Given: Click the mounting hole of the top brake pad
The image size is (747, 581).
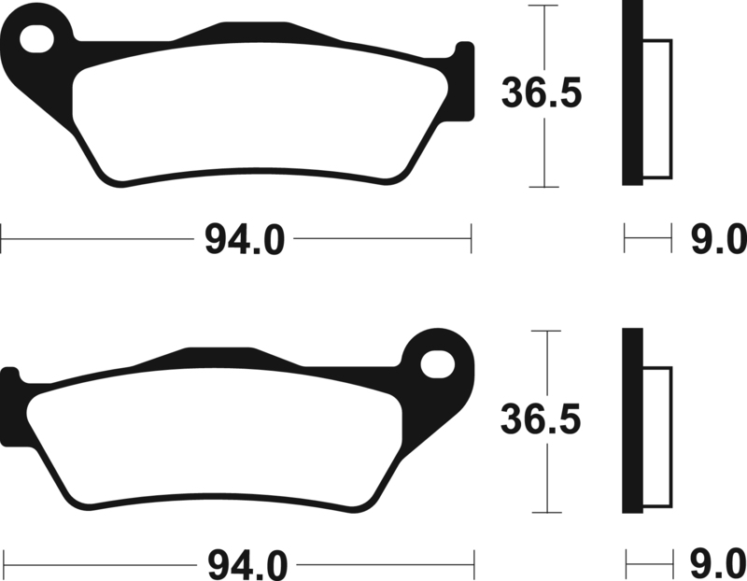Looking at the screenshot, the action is click(x=37, y=39).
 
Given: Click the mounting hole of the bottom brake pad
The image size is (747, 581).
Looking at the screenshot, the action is click(x=437, y=364).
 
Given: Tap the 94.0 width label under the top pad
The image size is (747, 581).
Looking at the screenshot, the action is click(x=245, y=240).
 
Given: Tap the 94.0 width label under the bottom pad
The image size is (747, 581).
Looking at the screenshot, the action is click(x=247, y=565).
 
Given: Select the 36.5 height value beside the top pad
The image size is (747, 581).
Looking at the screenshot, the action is click(x=542, y=92).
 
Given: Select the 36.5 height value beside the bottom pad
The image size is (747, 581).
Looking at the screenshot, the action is click(x=541, y=420).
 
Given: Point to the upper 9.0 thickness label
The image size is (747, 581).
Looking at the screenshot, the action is click(x=719, y=239).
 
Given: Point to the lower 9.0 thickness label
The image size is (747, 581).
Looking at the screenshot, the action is click(x=719, y=565).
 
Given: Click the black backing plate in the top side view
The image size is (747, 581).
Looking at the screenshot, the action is click(x=633, y=92).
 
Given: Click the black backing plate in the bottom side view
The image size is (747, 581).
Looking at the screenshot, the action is click(x=633, y=421).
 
